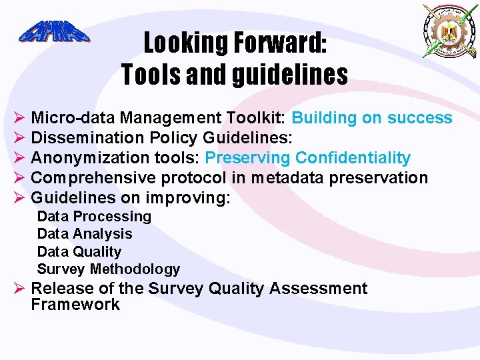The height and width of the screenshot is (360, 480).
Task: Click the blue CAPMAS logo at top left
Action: click(x=54, y=32)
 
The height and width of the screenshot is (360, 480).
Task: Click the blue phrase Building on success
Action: click(x=372, y=119)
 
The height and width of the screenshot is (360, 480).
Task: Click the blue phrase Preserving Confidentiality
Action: click(x=307, y=158)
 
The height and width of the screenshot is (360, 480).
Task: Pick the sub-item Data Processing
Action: click(x=94, y=217)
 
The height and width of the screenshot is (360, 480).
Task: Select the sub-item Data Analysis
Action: click(x=85, y=234)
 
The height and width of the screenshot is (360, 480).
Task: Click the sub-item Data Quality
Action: click(x=79, y=252)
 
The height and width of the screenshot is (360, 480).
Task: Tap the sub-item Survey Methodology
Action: click(x=109, y=269)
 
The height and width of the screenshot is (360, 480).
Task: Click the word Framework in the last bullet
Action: click(x=75, y=305)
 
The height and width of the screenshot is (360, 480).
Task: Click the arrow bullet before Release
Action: click(x=19, y=289)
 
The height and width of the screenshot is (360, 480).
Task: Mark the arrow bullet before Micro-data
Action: click(x=19, y=119)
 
